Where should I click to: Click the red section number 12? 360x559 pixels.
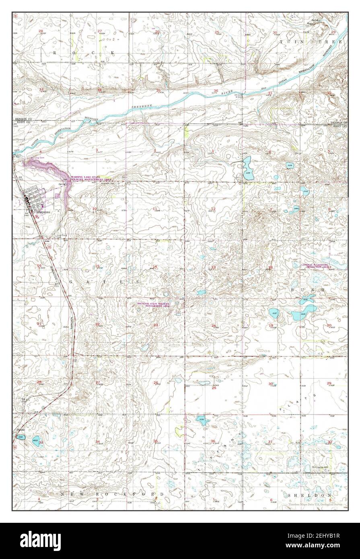tap(214, 208)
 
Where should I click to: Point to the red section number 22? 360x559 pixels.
tap(97, 324)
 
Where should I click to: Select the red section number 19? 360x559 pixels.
tap(271, 325)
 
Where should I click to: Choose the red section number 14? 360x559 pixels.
tap(154, 267)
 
